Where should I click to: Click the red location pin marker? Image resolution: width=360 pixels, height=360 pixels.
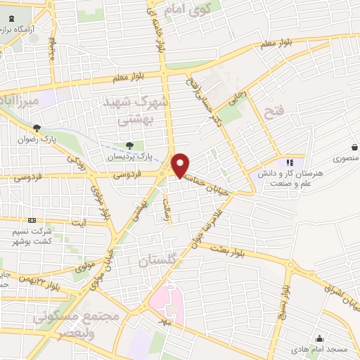point(181,165)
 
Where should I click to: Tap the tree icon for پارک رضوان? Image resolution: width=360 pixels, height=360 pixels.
point(45,127)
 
